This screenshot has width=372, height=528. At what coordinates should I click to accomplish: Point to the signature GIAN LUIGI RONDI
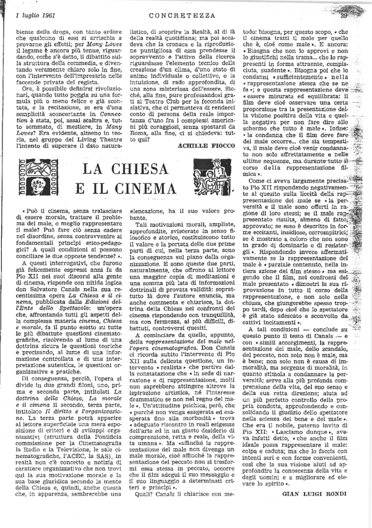pos(314,493)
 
